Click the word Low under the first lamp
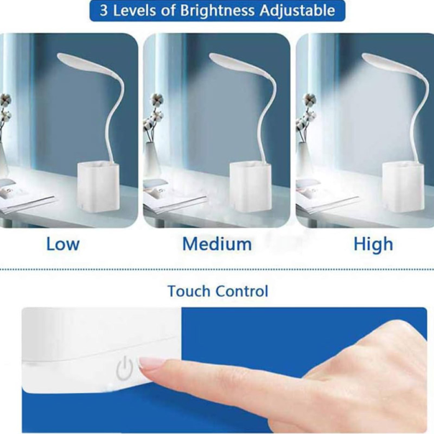pos(63,244)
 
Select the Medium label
pos(217,244)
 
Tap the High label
pos(374,245)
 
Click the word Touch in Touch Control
pos(189,291)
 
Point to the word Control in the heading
pos(242,291)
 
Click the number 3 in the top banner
pos(103,11)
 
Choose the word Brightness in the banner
pos(218,11)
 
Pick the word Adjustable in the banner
pos(297,11)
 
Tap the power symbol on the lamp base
pos(124,368)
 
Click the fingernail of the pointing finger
pos(150,362)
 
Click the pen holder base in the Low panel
pos(98,187)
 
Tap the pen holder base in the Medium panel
pos(251,187)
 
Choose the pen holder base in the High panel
pos(403,188)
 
